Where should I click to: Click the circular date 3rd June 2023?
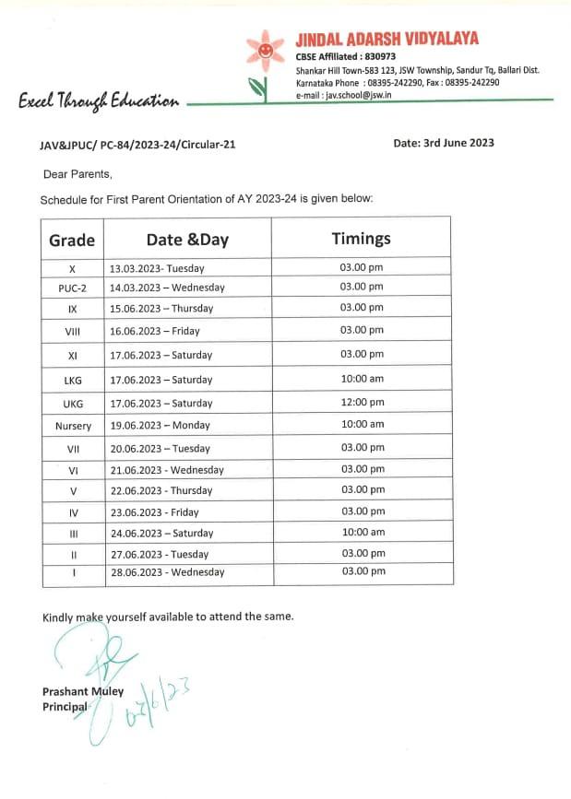pos(444,143)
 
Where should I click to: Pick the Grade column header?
pos(72,241)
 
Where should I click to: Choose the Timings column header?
pos(361,239)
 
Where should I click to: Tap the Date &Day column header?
pos(187,241)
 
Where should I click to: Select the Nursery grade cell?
pos(73,426)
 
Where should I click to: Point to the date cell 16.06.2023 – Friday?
pos(154,331)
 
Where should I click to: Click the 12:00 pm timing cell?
pos(362,403)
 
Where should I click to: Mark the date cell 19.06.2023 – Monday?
pos(159,426)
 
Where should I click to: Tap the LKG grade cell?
pos(73,380)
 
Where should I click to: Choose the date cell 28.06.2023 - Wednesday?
pos(166,572)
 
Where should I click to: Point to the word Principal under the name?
pos(65,706)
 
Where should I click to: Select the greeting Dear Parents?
pos(77,174)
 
